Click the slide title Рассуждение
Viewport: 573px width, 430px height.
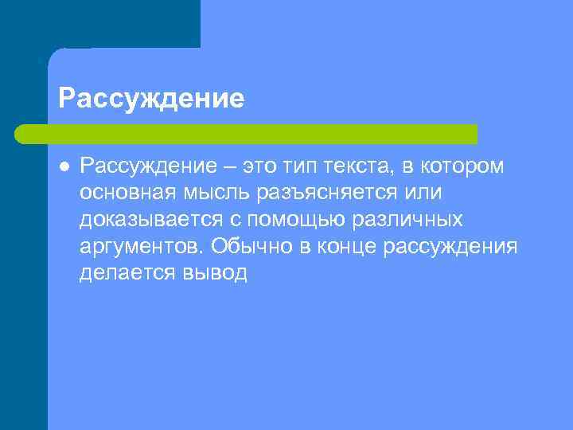(x=151, y=99)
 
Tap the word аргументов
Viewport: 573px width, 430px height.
(x=136, y=246)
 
